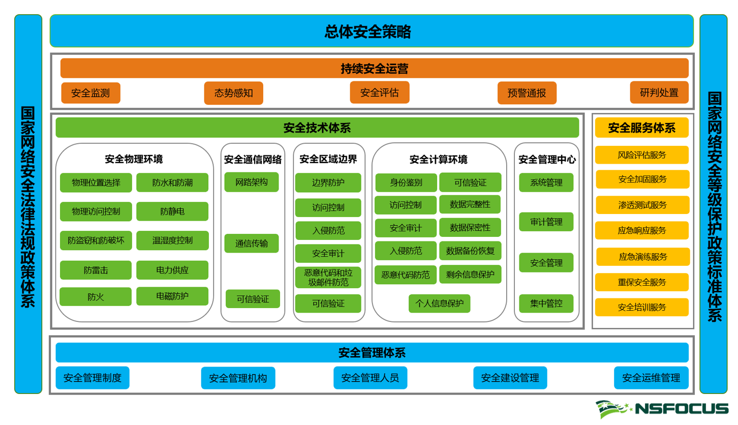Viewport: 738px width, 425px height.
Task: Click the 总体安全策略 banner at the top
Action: [x=372, y=31]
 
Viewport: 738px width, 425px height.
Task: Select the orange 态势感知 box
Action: [x=234, y=93]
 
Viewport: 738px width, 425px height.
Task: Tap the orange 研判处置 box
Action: [x=659, y=93]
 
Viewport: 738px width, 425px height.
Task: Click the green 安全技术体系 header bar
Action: [x=317, y=128]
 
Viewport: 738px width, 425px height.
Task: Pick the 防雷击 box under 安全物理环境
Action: [x=96, y=270]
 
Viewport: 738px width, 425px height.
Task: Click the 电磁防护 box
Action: [x=172, y=296]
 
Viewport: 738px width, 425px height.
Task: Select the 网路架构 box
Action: [x=252, y=182]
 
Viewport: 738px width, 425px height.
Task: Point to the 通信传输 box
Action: [x=252, y=244]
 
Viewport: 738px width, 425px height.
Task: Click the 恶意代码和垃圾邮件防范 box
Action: [x=328, y=278]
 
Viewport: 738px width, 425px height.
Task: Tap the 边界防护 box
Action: [x=328, y=183]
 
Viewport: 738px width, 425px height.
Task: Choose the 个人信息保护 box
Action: [x=440, y=303]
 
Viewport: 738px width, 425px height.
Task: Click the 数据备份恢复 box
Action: [x=470, y=251]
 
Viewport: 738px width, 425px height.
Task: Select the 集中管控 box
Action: [x=546, y=303]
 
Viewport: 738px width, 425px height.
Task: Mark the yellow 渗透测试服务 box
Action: [x=642, y=205]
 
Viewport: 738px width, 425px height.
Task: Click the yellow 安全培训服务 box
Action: [x=642, y=307]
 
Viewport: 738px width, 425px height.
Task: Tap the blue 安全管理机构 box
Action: [x=238, y=378]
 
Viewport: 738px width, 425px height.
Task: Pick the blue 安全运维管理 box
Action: [x=651, y=378]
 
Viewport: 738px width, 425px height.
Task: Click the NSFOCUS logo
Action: [x=662, y=408]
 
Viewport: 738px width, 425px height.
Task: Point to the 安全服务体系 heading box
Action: [x=642, y=128]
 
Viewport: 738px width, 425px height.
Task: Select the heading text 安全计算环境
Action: [x=439, y=160]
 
